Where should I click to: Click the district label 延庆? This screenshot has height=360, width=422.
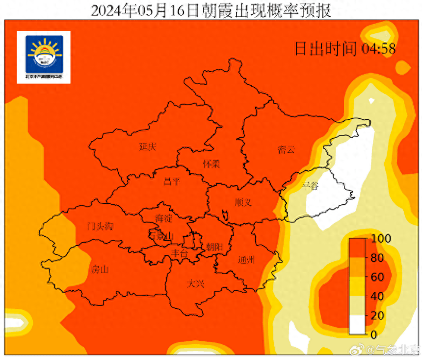(148, 146)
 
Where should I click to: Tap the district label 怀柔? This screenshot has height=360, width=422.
(211, 164)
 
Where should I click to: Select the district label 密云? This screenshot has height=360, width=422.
(286, 150)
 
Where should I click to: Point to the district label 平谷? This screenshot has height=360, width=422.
(310, 186)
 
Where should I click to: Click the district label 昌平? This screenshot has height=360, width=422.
(172, 181)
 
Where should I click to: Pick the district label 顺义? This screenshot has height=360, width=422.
(243, 202)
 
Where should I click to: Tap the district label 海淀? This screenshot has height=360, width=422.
(164, 218)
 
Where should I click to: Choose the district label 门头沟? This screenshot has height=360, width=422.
(100, 226)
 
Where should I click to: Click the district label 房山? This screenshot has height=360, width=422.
(100, 269)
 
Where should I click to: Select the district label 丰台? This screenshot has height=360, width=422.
(179, 253)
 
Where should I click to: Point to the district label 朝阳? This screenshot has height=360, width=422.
(214, 247)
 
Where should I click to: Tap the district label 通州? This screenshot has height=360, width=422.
(246, 260)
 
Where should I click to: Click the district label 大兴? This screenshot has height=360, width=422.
(195, 283)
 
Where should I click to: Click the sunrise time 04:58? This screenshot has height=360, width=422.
(379, 49)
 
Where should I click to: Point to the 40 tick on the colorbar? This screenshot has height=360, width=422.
(377, 296)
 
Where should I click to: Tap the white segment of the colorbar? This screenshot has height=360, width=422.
(358, 325)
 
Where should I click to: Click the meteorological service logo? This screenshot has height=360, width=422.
(44, 57)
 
